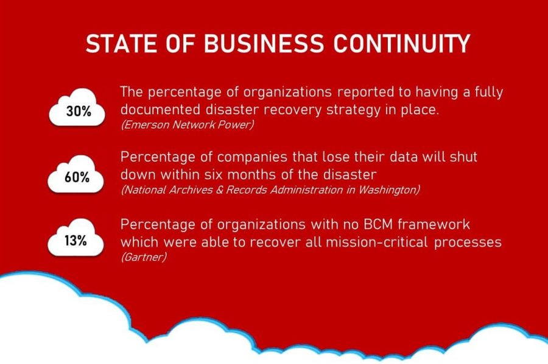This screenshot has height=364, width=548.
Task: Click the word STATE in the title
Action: click(x=121, y=44)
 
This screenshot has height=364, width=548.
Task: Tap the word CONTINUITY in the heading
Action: click(x=402, y=44)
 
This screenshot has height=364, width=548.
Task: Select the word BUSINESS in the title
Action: click(x=264, y=44)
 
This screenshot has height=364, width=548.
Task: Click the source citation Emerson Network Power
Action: click(x=188, y=125)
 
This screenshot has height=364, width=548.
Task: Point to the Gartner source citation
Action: click(x=144, y=257)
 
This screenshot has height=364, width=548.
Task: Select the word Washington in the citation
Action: click(x=389, y=190)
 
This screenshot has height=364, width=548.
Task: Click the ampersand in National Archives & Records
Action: click(x=219, y=190)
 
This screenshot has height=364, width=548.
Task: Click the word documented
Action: click(x=160, y=110)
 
